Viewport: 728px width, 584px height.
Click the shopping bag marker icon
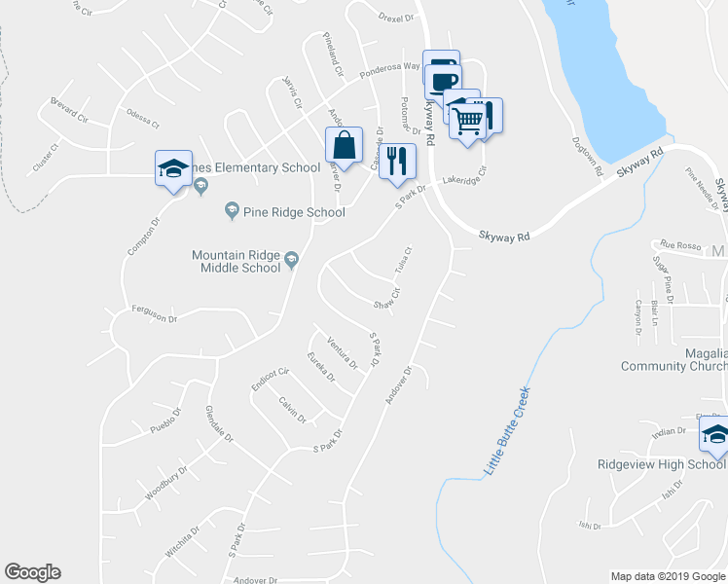(344, 146)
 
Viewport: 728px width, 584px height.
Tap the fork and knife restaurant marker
(397, 162)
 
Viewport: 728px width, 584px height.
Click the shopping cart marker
(468, 121)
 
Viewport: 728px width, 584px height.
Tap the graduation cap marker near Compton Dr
(173, 168)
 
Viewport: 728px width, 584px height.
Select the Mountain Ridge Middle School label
(236, 261)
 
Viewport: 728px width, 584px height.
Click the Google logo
(32, 572)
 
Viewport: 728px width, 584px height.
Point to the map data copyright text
(667, 576)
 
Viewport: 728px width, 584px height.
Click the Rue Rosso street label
(680, 244)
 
